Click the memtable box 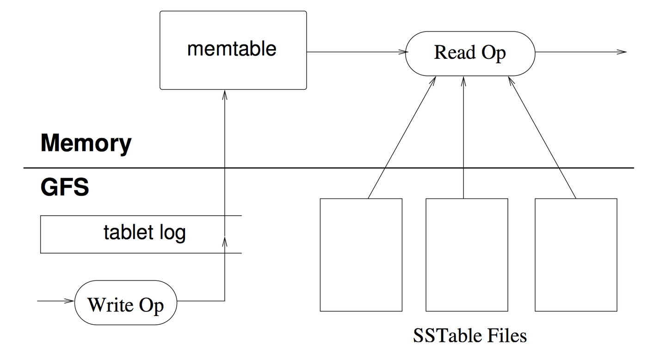point(233,50)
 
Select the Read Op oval point(470,53)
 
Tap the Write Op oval point(125,303)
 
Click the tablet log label point(144,232)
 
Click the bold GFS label point(65,187)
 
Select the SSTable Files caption point(470,335)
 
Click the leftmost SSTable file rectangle point(361,254)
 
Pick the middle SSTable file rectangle point(466,254)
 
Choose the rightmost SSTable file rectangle point(576,254)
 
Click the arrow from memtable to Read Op point(356,52)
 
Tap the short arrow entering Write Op point(55,301)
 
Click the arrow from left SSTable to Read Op point(401,139)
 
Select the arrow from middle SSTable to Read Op point(463,139)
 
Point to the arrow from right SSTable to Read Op point(543,139)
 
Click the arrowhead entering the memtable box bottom point(224,94)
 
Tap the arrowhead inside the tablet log point(224,241)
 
